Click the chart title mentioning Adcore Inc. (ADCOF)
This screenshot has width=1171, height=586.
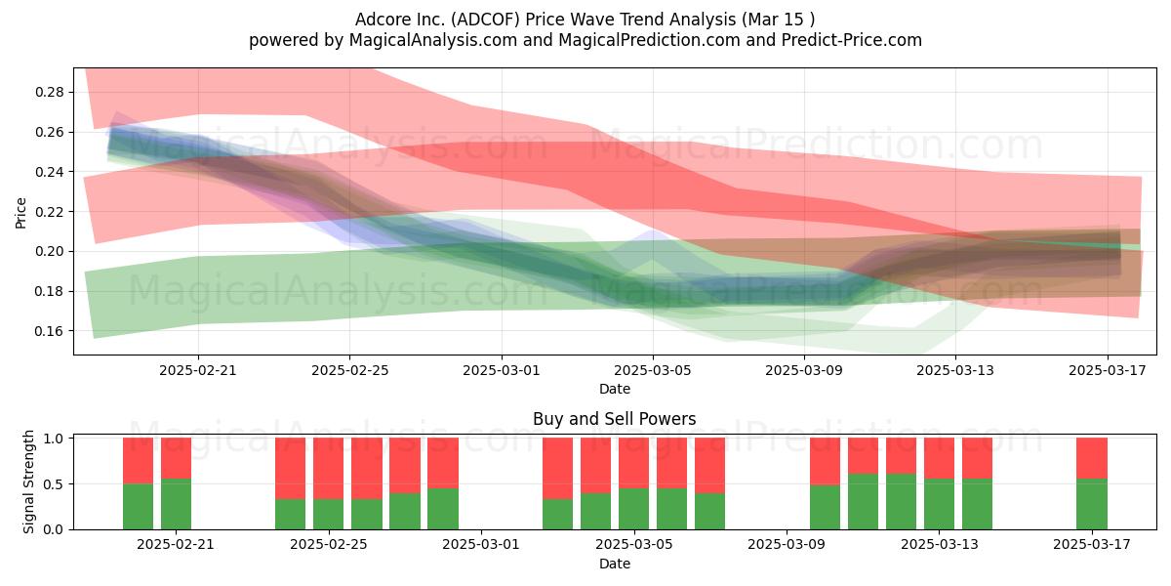(x=585, y=20)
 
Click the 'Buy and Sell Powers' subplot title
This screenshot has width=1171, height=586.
(x=614, y=419)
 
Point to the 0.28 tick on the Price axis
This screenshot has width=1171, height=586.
(x=49, y=92)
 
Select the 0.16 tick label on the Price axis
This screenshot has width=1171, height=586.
(x=49, y=331)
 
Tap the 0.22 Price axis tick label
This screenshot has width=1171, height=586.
(x=49, y=212)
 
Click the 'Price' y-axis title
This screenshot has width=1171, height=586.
(x=20, y=213)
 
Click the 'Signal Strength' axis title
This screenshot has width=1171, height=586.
(x=28, y=481)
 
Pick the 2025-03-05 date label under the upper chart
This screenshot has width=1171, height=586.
(x=653, y=370)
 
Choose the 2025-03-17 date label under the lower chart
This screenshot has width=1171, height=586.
(x=1092, y=545)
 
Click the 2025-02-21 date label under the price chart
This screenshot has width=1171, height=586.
(x=197, y=370)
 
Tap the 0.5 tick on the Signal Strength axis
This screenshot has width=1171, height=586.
(x=53, y=484)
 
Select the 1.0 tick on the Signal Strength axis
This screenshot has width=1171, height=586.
(x=53, y=439)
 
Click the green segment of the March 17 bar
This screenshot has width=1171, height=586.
(x=1092, y=504)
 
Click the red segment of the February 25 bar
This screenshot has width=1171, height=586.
(x=328, y=468)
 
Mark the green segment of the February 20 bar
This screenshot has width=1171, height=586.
(x=138, y=507)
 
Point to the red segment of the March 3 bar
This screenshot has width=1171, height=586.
(x=557, y=468)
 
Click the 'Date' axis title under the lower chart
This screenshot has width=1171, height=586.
(x=614, y=564)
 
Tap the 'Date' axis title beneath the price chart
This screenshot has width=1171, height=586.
(x=614, y=389)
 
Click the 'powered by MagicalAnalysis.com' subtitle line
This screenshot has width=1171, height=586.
(x=585, y=40)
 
